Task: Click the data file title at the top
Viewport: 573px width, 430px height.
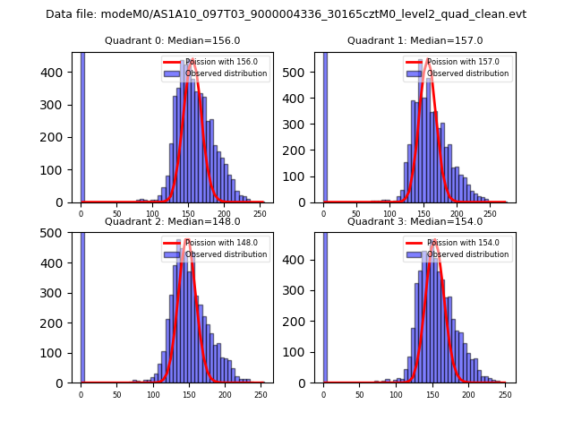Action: click(x=286, y=14)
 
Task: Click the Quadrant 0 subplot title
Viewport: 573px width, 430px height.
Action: click(x=172, y=40)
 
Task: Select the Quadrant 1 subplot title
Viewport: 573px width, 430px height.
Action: click(x=415, y=40)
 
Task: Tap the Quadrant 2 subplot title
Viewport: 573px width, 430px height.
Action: click(x=172, y=221)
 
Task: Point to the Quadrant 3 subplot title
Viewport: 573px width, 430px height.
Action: click(x=415, y=221)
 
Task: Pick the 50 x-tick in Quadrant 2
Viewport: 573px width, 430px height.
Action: click(x=117, y=395)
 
